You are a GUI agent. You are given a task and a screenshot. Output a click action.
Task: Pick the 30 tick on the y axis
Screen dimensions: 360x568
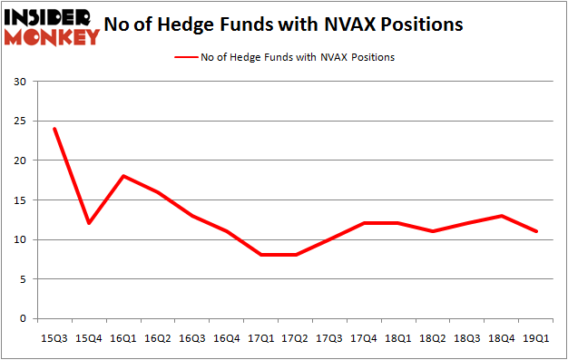pyautogui.click(x=21, y=82)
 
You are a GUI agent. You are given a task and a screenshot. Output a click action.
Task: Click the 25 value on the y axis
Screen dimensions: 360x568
pyautogui.click(x=21, y=121)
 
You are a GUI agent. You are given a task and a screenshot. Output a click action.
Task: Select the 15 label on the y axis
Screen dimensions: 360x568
pyautogui.click(x=21, y=200)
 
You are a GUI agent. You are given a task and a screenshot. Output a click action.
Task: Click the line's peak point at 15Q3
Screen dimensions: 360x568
pyautogui.click(x=54, y=128)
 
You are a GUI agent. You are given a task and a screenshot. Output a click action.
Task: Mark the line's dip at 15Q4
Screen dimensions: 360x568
pyautogui.click(x=88, y=223)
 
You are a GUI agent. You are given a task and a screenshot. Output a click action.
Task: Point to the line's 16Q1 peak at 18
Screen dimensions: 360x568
pyautogui.click(x=122, y=176)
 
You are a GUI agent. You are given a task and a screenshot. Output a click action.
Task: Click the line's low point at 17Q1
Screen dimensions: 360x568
pyautogui.click(x=260, y=255)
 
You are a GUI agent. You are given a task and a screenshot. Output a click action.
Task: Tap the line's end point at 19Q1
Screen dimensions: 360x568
pyautogui.click(x=536, y=231)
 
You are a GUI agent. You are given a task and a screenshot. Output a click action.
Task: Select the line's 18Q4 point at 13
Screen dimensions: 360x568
pyautogui.click(x=502, y=216)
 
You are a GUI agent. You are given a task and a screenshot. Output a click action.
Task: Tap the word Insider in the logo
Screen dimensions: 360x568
pyautogui.click(x=52, y=15)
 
